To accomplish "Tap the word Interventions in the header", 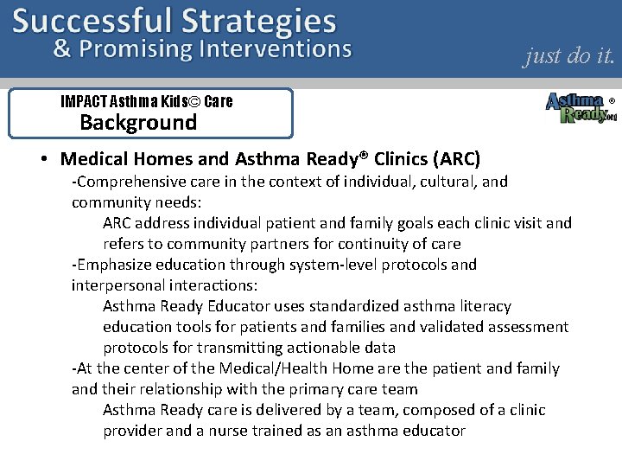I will [275, 48].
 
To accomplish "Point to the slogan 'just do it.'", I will [569, 56].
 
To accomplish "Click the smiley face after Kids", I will [194, 101].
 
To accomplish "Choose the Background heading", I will [138, 123].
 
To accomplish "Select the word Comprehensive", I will [129, 182].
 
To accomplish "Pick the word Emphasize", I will [113, 265].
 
